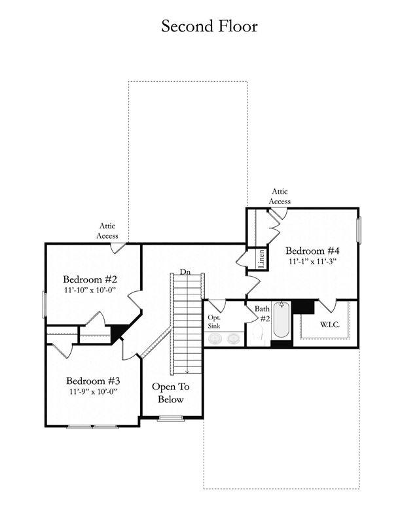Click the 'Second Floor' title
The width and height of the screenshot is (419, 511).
click(209, 26)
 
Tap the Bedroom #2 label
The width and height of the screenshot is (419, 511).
click(90, 279)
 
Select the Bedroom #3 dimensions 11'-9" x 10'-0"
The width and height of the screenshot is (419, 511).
click(93, 391)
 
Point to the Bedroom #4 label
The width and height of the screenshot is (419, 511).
click(312, 251)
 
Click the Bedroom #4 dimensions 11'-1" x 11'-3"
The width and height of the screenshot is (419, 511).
click(312, 261)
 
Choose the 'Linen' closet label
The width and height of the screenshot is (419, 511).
click(261, 258)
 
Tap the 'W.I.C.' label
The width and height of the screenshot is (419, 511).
click(330, 325)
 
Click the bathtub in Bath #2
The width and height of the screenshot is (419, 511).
click(282, 320)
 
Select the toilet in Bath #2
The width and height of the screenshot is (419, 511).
click(258, 335)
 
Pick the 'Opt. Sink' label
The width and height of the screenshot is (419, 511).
click(214, 322)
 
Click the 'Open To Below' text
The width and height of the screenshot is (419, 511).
click(170, 393)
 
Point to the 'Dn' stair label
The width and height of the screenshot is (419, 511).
click(185, 272)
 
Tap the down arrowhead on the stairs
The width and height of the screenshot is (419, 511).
click(187, 372)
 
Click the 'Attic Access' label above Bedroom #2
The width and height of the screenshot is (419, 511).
click(107, 231)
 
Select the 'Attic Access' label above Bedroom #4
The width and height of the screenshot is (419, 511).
click(280, 196)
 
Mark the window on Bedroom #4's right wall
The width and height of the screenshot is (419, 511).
click(359, 230)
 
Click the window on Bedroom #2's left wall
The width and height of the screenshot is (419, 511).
click(45, 305)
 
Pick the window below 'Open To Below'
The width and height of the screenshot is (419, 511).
click(171, 419)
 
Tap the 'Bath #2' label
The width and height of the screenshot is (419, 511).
click(263, 313)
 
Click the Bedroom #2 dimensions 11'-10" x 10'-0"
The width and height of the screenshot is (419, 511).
click(90, 290)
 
